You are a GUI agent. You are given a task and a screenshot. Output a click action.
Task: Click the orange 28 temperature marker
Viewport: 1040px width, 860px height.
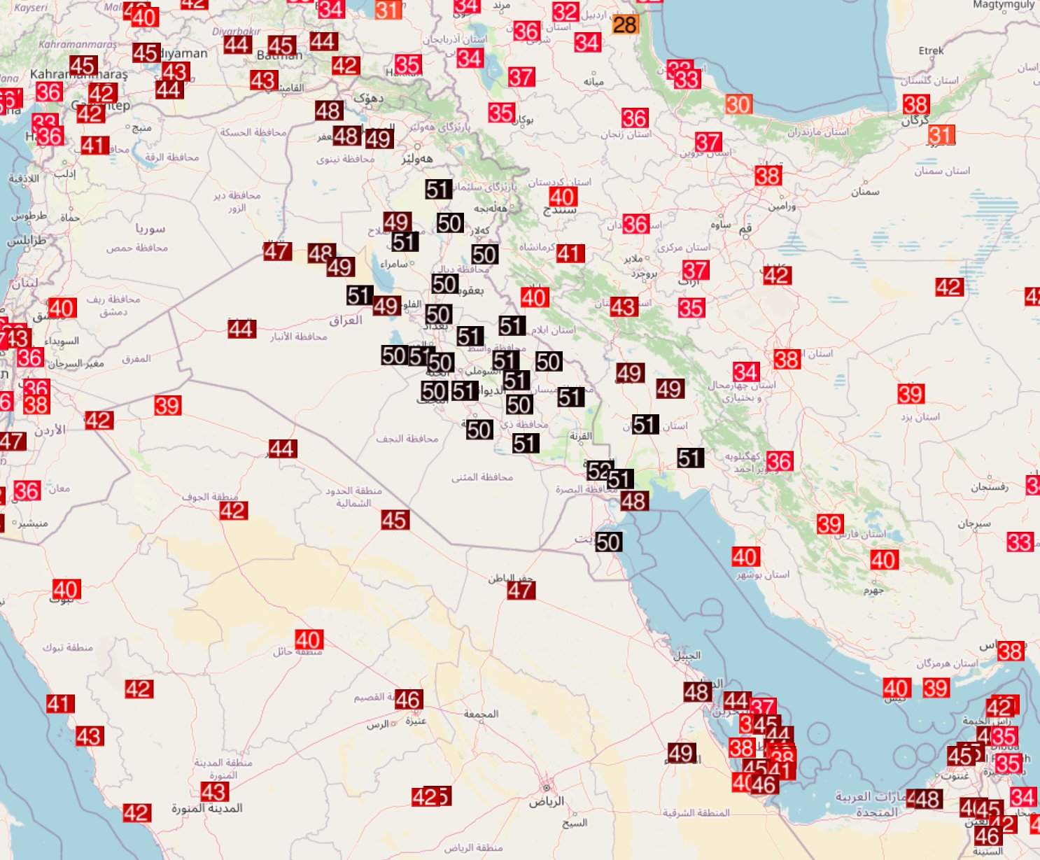click(x=624, y=25)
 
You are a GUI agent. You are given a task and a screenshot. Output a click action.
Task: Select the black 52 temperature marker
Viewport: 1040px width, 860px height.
click(x=598, y=470)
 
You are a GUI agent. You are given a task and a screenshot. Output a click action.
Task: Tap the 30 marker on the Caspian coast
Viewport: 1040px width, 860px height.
click(x=738, y=105)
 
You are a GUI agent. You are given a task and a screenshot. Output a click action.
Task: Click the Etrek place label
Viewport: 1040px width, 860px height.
click(x=931, y=50)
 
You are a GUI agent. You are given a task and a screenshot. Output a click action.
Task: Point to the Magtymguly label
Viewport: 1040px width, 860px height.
click(x=1003, y=5)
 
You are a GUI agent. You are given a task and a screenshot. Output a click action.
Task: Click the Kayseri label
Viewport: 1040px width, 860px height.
click(x=31, y=8)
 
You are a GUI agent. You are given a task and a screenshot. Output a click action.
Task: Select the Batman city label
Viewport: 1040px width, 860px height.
click(x=279, y=55)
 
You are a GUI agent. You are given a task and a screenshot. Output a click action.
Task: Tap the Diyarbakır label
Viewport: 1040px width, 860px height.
click(x=236, y=31)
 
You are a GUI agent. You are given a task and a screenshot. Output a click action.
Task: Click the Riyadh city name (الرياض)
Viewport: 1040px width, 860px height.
click(x=546, y=801)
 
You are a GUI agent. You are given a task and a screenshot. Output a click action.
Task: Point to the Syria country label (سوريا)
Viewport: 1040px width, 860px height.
click(x=150, y=228)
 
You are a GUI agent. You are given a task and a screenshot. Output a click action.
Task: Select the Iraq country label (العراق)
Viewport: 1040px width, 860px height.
click(x=346, y=320)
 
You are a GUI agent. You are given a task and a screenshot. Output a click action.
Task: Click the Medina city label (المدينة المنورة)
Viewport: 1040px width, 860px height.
click(x=207, y=808)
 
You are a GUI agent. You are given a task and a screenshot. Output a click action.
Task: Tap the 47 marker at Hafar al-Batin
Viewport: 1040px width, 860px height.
click(x=521, y=591)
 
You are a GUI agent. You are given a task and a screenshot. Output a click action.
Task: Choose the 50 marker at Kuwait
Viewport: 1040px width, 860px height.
click(x=607, y=542)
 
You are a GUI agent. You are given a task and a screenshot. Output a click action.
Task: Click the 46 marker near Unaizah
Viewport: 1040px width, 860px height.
click(x=407, y=699)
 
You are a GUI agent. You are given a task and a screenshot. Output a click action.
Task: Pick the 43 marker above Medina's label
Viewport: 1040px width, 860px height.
click(x=213, y=791)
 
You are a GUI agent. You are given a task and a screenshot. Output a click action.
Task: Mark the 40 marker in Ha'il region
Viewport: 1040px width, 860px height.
click(x=308, y=640)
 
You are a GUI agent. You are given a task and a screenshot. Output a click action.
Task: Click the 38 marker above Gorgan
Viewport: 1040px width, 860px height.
click(x=915, y=105)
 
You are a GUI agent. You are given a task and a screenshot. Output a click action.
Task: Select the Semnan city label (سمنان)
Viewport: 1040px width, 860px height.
click(x=865, y=192)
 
